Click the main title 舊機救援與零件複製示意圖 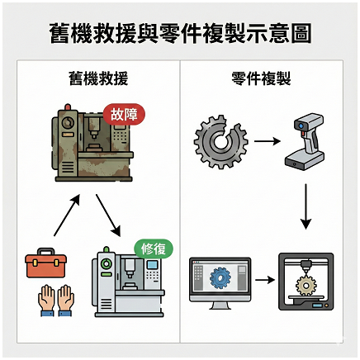[x=180, y=33]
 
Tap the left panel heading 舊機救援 [x=98, y=78]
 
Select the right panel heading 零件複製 [x=261, y=78]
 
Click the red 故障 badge [x=124, y=114]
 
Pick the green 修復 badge [x=154, y=249]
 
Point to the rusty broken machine [x=93, y=143]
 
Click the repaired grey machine [x=128, y=282]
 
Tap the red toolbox [x=45, y=263]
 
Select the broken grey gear [x=220, y=142]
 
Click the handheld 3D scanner [x=305, y=141]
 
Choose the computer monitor [x=220, y=283]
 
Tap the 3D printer [x=306, y=282]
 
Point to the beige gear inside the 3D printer [x=306, y=286]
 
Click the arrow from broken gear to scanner [x=268, y=141]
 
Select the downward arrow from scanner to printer [x=306, y=206]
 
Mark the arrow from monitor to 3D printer [x=265, y=280]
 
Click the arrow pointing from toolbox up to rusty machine [x=67, y=215]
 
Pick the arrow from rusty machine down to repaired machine [x=108, y=216]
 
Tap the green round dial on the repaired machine [x=106, y=263]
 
